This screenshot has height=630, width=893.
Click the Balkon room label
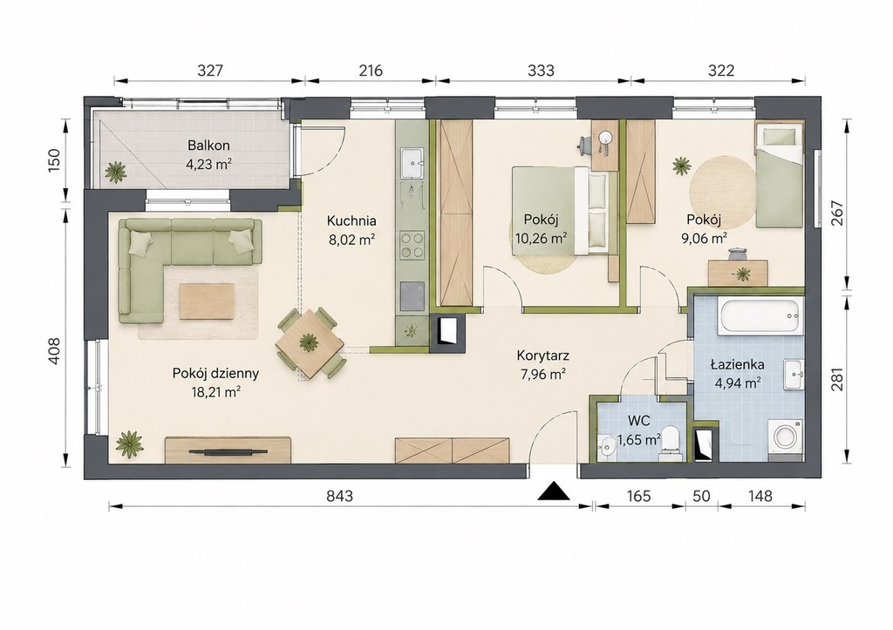coord(208,146)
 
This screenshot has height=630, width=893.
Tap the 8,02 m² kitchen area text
coord(351,240)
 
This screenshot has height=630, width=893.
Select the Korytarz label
coord(542,356)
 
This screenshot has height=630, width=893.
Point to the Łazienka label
coord(738,365)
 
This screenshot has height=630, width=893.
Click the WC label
coord(639,421)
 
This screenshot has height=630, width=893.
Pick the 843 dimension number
coord(339,497)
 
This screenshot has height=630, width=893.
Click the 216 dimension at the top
coord(370,71)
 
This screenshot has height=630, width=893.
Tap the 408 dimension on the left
coord(53,352)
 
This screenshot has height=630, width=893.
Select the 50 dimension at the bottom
coord(702,497)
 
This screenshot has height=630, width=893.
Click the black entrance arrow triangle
coord(554,491)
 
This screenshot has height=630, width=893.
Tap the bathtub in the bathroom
coord(760,317)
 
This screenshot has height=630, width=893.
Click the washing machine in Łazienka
coord(786,439)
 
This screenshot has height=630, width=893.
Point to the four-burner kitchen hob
coord(412,245)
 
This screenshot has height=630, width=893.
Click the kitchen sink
coord(412,164)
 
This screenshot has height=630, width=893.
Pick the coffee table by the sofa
coord(208,301)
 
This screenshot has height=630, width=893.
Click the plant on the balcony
coord(116,172)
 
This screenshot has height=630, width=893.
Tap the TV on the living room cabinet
coord(228,451)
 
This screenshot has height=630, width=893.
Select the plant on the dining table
coord(310,342)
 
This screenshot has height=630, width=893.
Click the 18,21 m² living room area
coord(215,392)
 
